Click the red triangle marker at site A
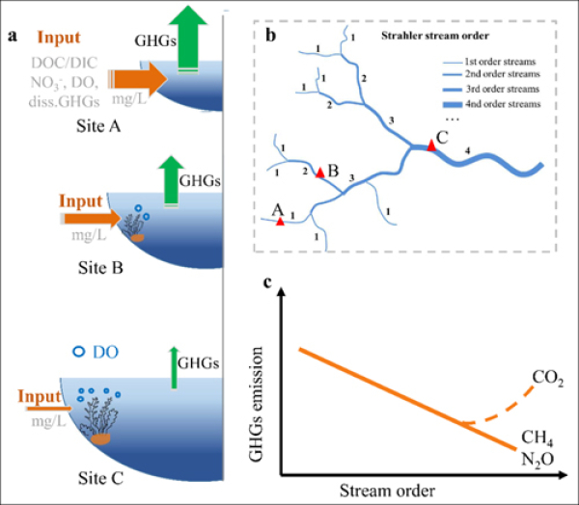pos(280,222)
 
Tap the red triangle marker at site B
pos(319,170)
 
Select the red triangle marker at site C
pos(431,144)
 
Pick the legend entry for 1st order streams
pos(497,60)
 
